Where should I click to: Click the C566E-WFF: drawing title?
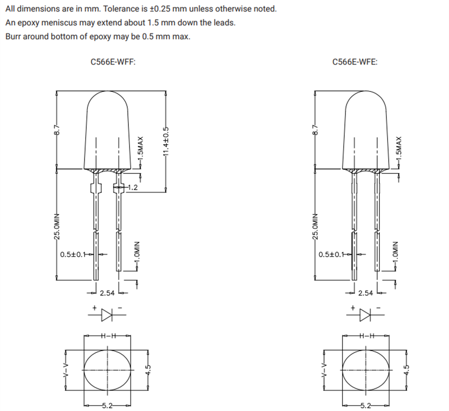pyautogui.click(x=113, y=62)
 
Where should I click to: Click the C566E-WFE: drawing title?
pyautogui.click(x=355, y=62)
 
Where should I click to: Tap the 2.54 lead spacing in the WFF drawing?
pyautogui.click(x=107, y=293)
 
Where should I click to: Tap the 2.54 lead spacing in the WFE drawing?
pyautogui.click(x=366, y=293)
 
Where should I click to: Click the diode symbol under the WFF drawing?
pyautogui.click(x=107, y=315)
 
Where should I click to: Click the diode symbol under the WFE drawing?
pyautogui.click(x=366, y=315)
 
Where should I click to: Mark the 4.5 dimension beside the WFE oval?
pyautogui.click(x=406, y=369)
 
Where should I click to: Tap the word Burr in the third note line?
pyautogui.click(x=13, y=37)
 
